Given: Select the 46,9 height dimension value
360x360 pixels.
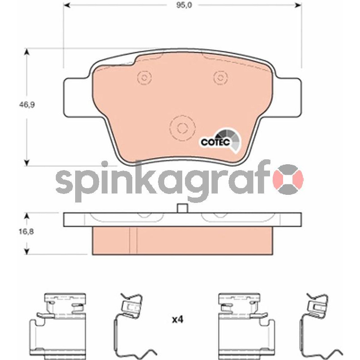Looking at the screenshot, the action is click(27, 105).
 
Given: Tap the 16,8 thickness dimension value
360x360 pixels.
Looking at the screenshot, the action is click(26, 232).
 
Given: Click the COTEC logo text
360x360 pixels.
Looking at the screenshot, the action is click(216, 142).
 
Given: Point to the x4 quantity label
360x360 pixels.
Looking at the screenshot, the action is click(178, 319).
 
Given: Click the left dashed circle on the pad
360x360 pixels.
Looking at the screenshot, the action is click(144, 77).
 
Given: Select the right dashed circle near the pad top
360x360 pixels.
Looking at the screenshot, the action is click(220, 77).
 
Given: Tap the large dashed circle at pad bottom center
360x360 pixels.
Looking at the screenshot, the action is click(183, 128).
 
